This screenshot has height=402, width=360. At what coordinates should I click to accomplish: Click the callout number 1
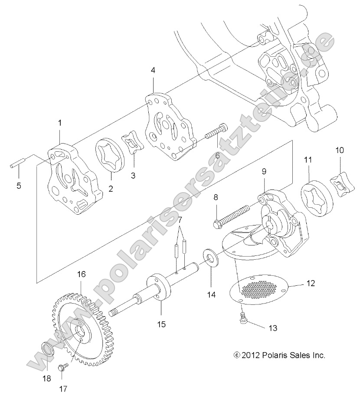[60, 124]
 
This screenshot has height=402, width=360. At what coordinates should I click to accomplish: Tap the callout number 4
[153, 70]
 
